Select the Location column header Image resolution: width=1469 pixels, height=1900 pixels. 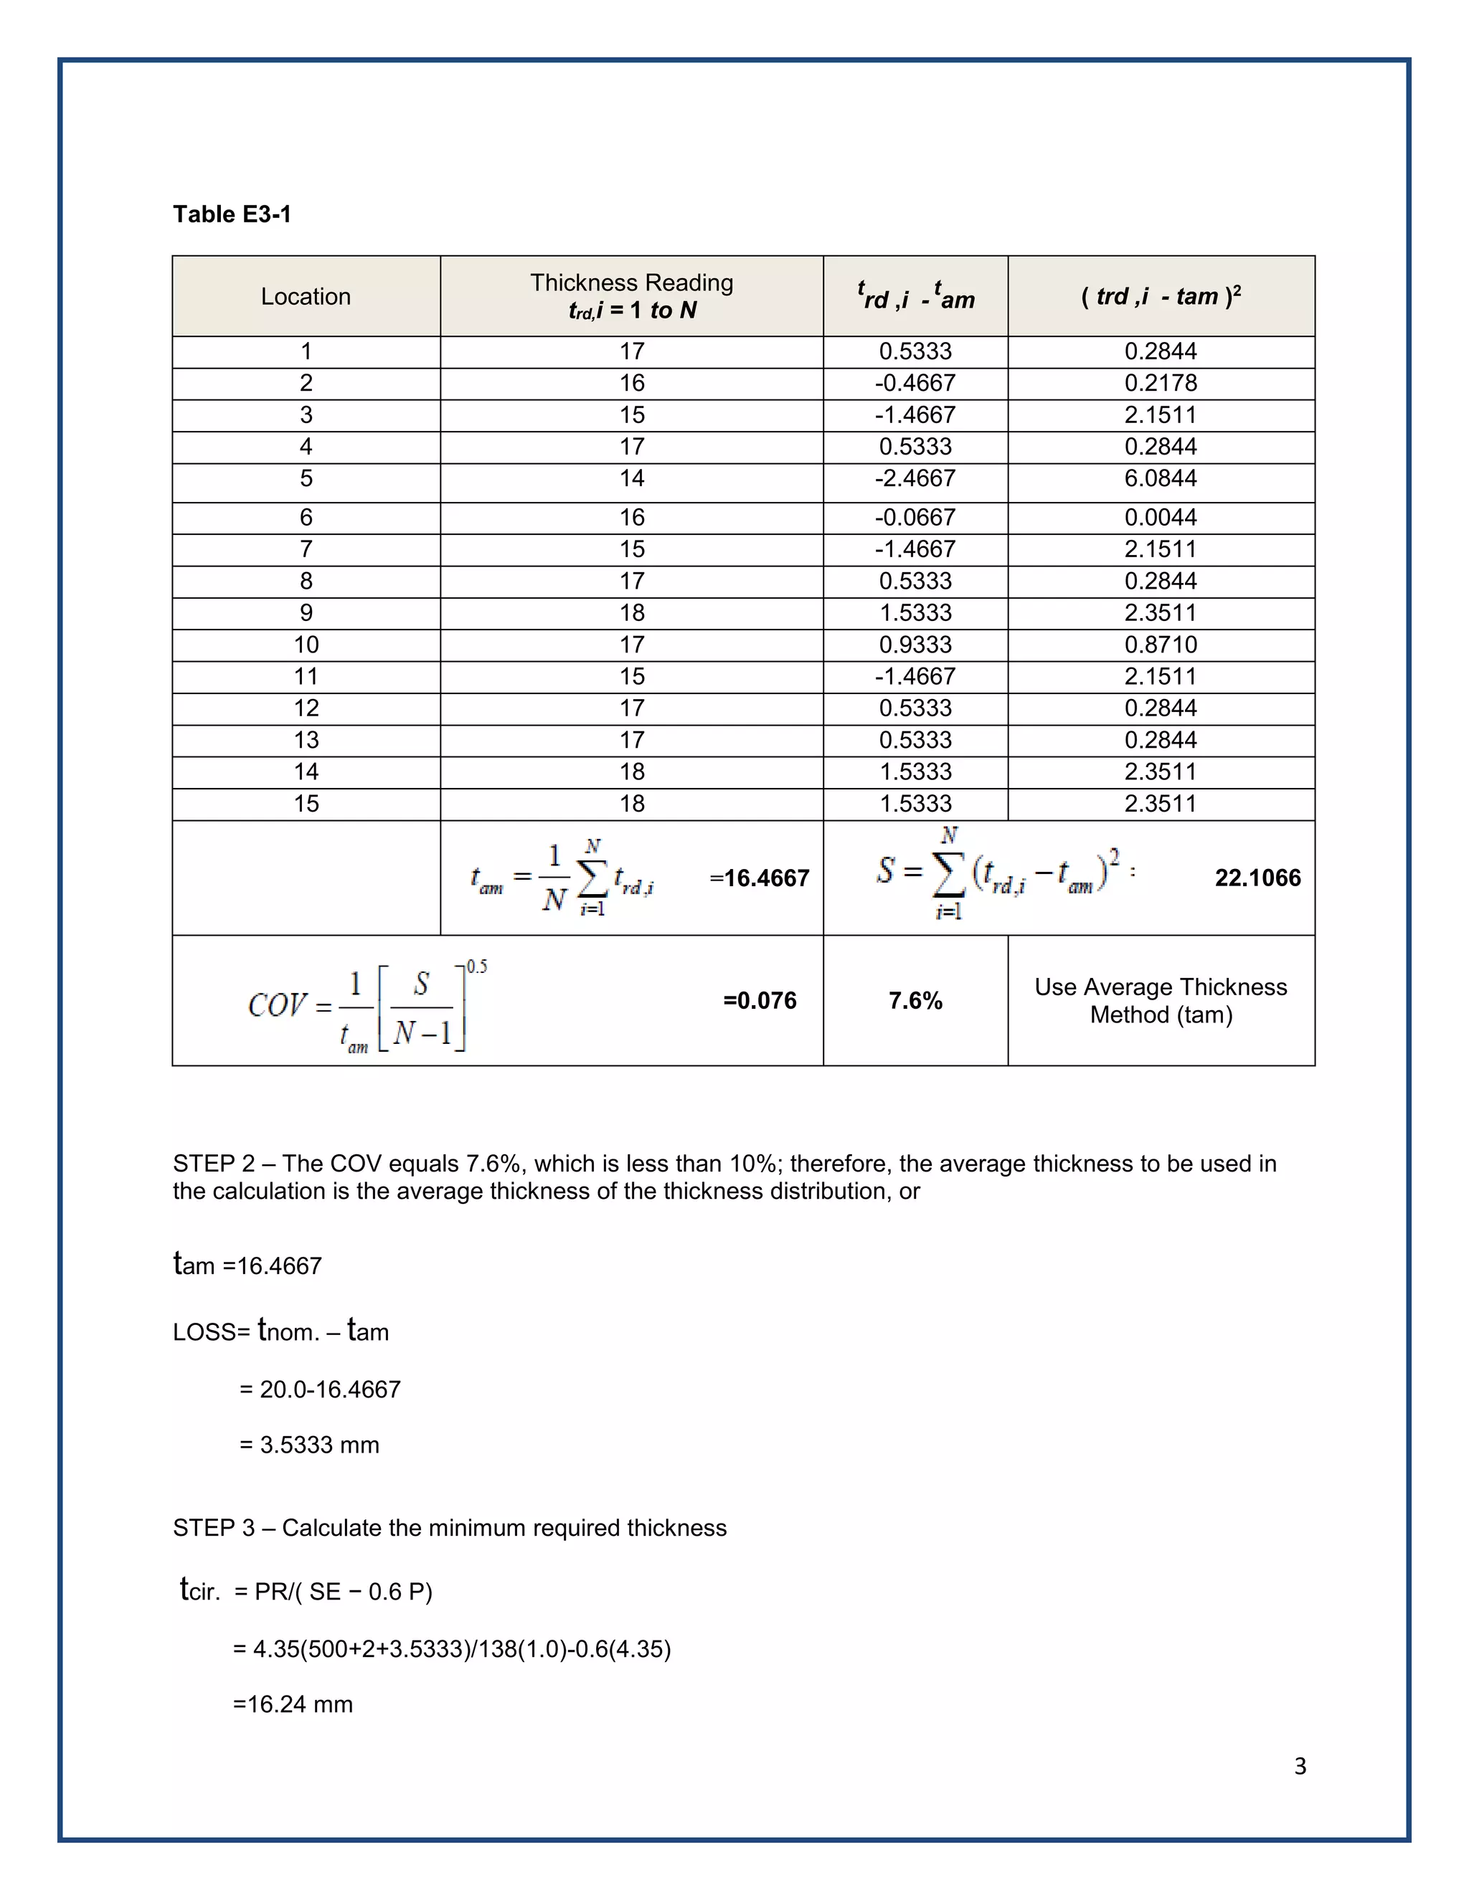pyautogui.click(x=306, y=297)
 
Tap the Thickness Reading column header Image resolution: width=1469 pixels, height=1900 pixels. pyautogui.click(x=632, y=296)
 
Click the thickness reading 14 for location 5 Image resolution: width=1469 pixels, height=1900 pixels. pyautogui.click(x=632, y=478)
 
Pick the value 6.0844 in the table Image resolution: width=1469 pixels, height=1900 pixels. pyautogui.click(x=1160, y=478)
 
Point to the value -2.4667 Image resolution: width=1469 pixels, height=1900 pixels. pyautogui.click(x=915, y=478)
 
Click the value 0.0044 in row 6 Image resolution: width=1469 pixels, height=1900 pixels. pyautogui.click(x=1160, y=518)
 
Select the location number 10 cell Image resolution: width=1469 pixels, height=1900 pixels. pyautogui.click(x=306, y=645)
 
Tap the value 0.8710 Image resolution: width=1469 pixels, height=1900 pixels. pyautogui.click(x=1160, y=645)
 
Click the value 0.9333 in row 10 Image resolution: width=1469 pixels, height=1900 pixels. pyautogui.click(x=915, y=645)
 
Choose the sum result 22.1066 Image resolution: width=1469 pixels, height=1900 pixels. pyautogui.click(x=1257, y=878)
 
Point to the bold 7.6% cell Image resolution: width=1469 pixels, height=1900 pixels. pyautogui.click(x=915, y=1000)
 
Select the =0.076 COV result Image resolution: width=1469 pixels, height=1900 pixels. pyautogui.click(x=760, y=1000)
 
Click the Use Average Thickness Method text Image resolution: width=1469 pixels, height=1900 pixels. pyautogui.click(x=1160, y=1000)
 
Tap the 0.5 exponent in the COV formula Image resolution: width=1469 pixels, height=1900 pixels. pyautogui.click(x=476, y=966)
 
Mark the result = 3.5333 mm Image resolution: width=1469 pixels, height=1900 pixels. pyautogui.click(x=310, y=1445)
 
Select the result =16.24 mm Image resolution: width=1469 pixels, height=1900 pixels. pyautogui.click(x=293, y=1704)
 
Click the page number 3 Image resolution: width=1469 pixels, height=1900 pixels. pyautogui.click(x=1299, y=1766)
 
